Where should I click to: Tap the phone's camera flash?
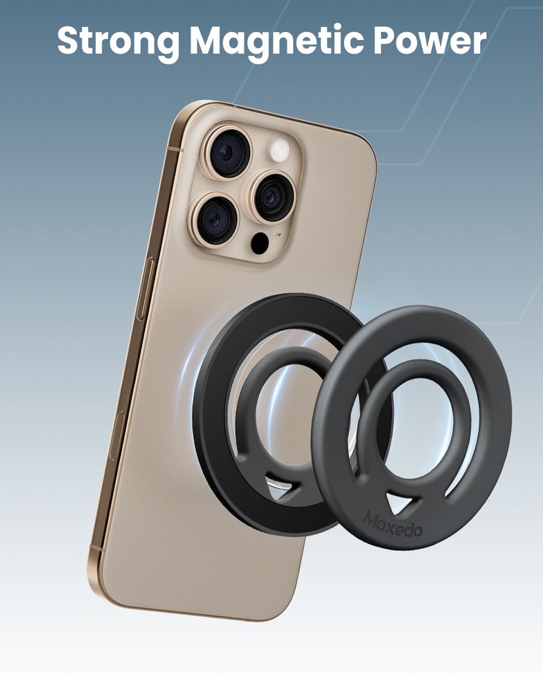pyautogui.click(x=279, y=151)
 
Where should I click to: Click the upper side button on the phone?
pyautogui.click(x=145, y=289)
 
